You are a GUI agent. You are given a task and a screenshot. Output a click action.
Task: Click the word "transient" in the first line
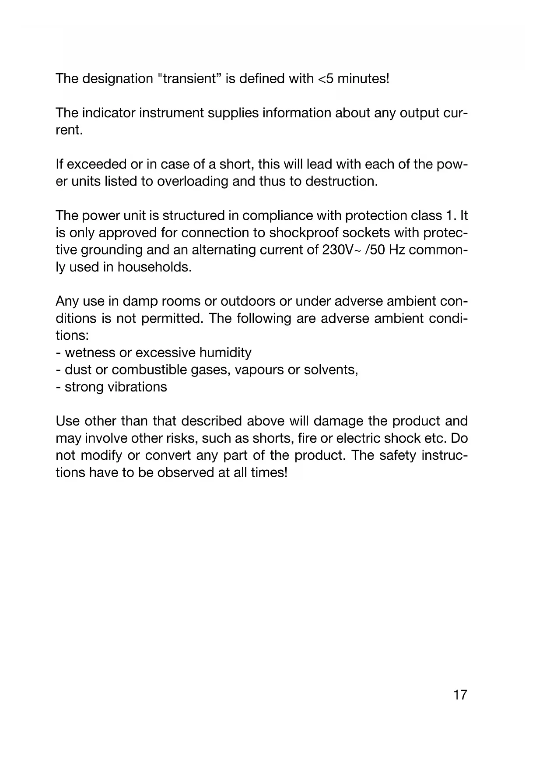pyautogui.click(x=189, y=79)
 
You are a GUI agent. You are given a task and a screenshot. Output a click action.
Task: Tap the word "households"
pyautogui.click(x=154, y=267)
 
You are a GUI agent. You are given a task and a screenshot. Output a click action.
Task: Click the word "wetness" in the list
pyautogui.click(x=90, y=352)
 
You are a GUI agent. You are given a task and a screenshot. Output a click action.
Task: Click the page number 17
pyautogui.click(x=460, y=694)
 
